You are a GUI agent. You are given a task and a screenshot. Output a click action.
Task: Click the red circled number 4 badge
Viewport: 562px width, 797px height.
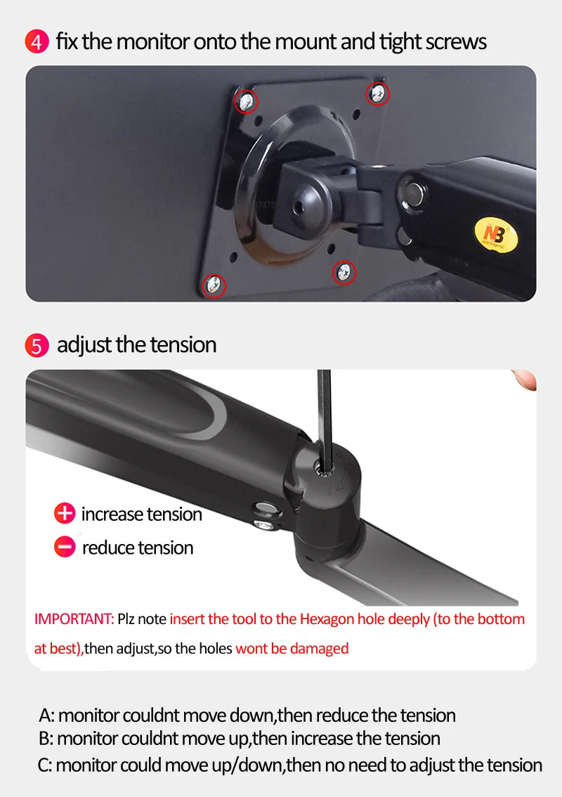pyautogui.click(x=37, y=41)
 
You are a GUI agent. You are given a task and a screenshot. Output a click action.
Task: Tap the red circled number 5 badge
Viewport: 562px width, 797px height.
pyautogui.click(x=37, y=346)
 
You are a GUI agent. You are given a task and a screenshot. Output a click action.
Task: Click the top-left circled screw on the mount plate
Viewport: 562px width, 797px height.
pyautogui.click(x=246, y=102)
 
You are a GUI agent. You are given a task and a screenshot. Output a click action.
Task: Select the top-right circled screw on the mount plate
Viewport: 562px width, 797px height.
pyautogui.click(x=377, y=93)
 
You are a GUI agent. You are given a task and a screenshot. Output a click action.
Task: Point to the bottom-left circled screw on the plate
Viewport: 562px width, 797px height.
pyautogui.click(x=214, y=285)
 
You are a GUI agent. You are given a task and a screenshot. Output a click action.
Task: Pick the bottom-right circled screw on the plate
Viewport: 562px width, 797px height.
pyautogui.click(x=344, y=273)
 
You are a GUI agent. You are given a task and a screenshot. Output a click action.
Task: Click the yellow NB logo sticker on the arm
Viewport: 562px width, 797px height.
pyautogui.click(x=496, y=235)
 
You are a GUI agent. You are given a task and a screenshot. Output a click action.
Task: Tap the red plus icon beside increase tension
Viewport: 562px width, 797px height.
pyautogui.click(x=65, y=513)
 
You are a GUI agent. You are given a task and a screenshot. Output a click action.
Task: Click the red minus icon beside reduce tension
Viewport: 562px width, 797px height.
pyautogui.click(x=65, y=547)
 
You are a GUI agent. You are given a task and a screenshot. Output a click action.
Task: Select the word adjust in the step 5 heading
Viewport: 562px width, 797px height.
pyautogui.click(x=84, y=346)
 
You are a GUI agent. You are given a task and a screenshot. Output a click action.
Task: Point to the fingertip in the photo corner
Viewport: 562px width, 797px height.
pyautogui.click(x=525, y=380)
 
